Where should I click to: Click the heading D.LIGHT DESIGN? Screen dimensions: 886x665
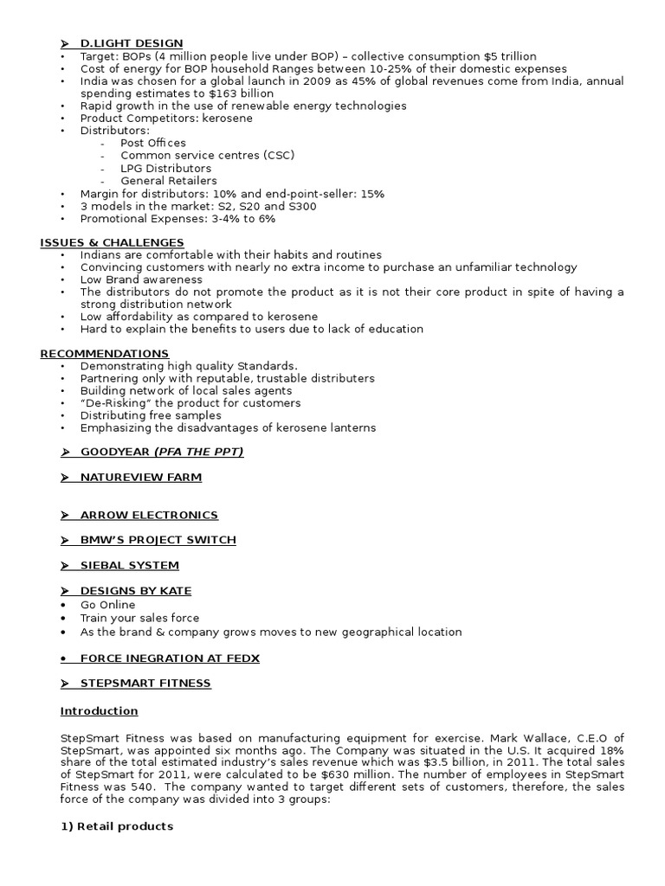click(x=132, y=44)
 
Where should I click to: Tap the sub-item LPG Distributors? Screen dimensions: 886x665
click(x=165, y=168)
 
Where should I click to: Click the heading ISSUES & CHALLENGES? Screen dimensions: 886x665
click(x=112, y=242)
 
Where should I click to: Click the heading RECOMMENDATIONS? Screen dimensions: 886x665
click(x=105, y=354)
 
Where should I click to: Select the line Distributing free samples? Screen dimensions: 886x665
click(x=151, y=416)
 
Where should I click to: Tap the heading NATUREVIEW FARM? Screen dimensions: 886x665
click(x=140, y=478)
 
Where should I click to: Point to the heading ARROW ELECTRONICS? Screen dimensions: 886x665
click(x=149, y=516)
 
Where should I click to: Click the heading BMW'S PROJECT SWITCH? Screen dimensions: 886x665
click(x=158, y=541)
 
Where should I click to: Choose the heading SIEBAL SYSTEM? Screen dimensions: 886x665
click(x=129, y=566)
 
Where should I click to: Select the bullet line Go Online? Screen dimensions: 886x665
click(x=109, y=605)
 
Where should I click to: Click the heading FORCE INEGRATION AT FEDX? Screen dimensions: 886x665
click(x=170, y=658)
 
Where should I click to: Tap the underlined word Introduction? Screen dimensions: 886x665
click(x=99, y=711)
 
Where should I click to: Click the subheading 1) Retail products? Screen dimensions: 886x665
click(x=116, y=827)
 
